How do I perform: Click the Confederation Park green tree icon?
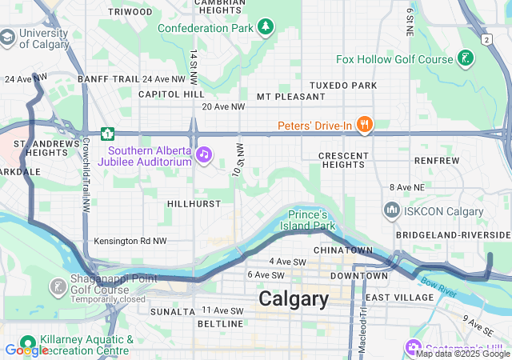265,28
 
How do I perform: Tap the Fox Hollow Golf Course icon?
464,58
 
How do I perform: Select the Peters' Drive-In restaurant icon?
365,125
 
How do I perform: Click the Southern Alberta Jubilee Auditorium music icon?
204,154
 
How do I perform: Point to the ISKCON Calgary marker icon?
392,210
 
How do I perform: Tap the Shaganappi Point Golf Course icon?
58,286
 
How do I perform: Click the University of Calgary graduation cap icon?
7,37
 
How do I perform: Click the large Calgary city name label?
294,299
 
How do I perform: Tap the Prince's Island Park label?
311,220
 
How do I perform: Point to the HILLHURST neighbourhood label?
194,204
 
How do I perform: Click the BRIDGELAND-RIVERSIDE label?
453,234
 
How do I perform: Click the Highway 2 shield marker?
486,38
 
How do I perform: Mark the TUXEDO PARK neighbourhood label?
343,85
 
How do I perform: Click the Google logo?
26,350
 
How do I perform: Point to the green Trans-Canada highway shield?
106,134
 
